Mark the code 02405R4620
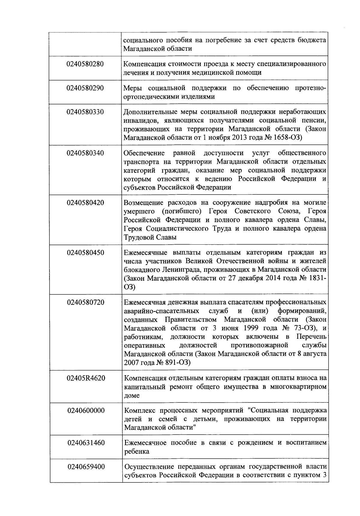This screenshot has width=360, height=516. click(86, 378)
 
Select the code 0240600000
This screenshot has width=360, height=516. click(86, 410)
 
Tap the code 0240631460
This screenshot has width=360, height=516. click(86, 443)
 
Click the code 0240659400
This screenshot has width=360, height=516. click(86, 467)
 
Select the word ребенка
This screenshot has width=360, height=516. click(137, 451)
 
